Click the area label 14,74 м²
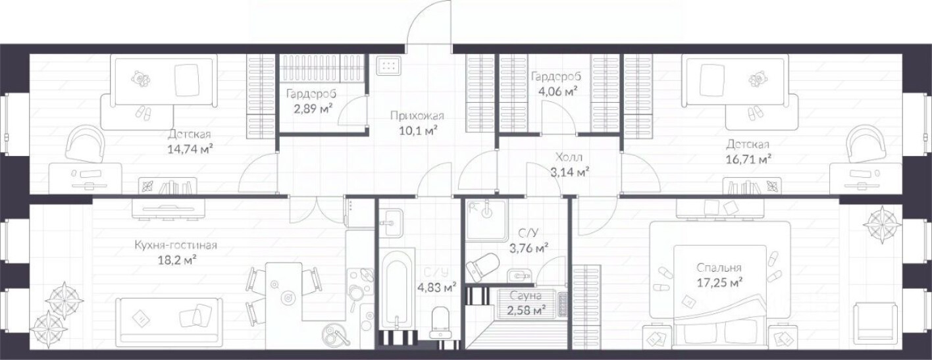click(190, 149)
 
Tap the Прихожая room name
click(417, 115)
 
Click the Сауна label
click(526, 296)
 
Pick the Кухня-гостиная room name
click(176, 245)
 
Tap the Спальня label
click(719, 268)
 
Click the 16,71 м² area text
click(749, 159)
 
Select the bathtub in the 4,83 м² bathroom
click(398, 289)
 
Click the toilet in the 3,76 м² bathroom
click(482, 267)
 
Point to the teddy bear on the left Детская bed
click(140, 79)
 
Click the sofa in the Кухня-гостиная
click(169, 319)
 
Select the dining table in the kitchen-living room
click(284, 292)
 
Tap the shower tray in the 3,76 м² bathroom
click(486, 221)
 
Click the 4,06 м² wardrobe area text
click(556, 91)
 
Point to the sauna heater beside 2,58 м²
click(563, 305)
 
